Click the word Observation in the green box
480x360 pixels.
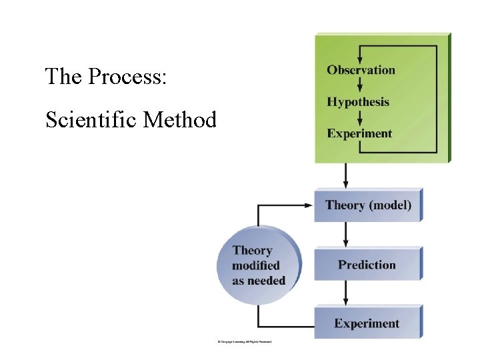[361, 70]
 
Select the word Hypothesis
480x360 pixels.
[358, 102]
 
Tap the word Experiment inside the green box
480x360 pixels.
[359, 133]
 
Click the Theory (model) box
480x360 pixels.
[368, 205]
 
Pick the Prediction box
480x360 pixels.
[367, 265]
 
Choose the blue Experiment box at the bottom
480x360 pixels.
[367, 323]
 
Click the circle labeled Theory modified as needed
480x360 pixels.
[259, 265]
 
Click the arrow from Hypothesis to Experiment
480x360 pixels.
[360, 117]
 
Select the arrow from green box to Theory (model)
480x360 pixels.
[345, 176]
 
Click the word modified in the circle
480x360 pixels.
[257, 265]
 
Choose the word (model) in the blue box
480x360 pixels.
[390, 205]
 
